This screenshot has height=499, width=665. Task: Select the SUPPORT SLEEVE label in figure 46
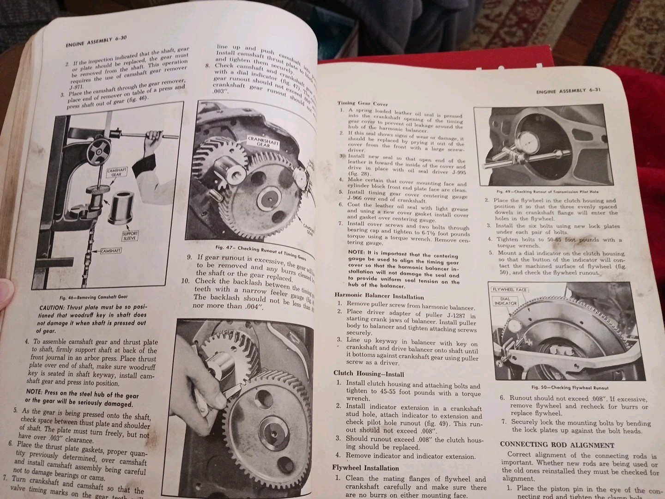[x=130, y=236]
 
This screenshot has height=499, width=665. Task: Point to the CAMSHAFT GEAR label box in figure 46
[x=117, y=173]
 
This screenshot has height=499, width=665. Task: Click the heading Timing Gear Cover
[x=362, y=103]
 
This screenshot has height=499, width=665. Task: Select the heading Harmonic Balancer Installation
[x=379, y=297]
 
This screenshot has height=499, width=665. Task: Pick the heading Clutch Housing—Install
[x=369, y=373]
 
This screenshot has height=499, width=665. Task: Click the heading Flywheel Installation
[x=365, y=468]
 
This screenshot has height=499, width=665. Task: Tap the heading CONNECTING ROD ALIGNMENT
[x=557, y=445]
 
